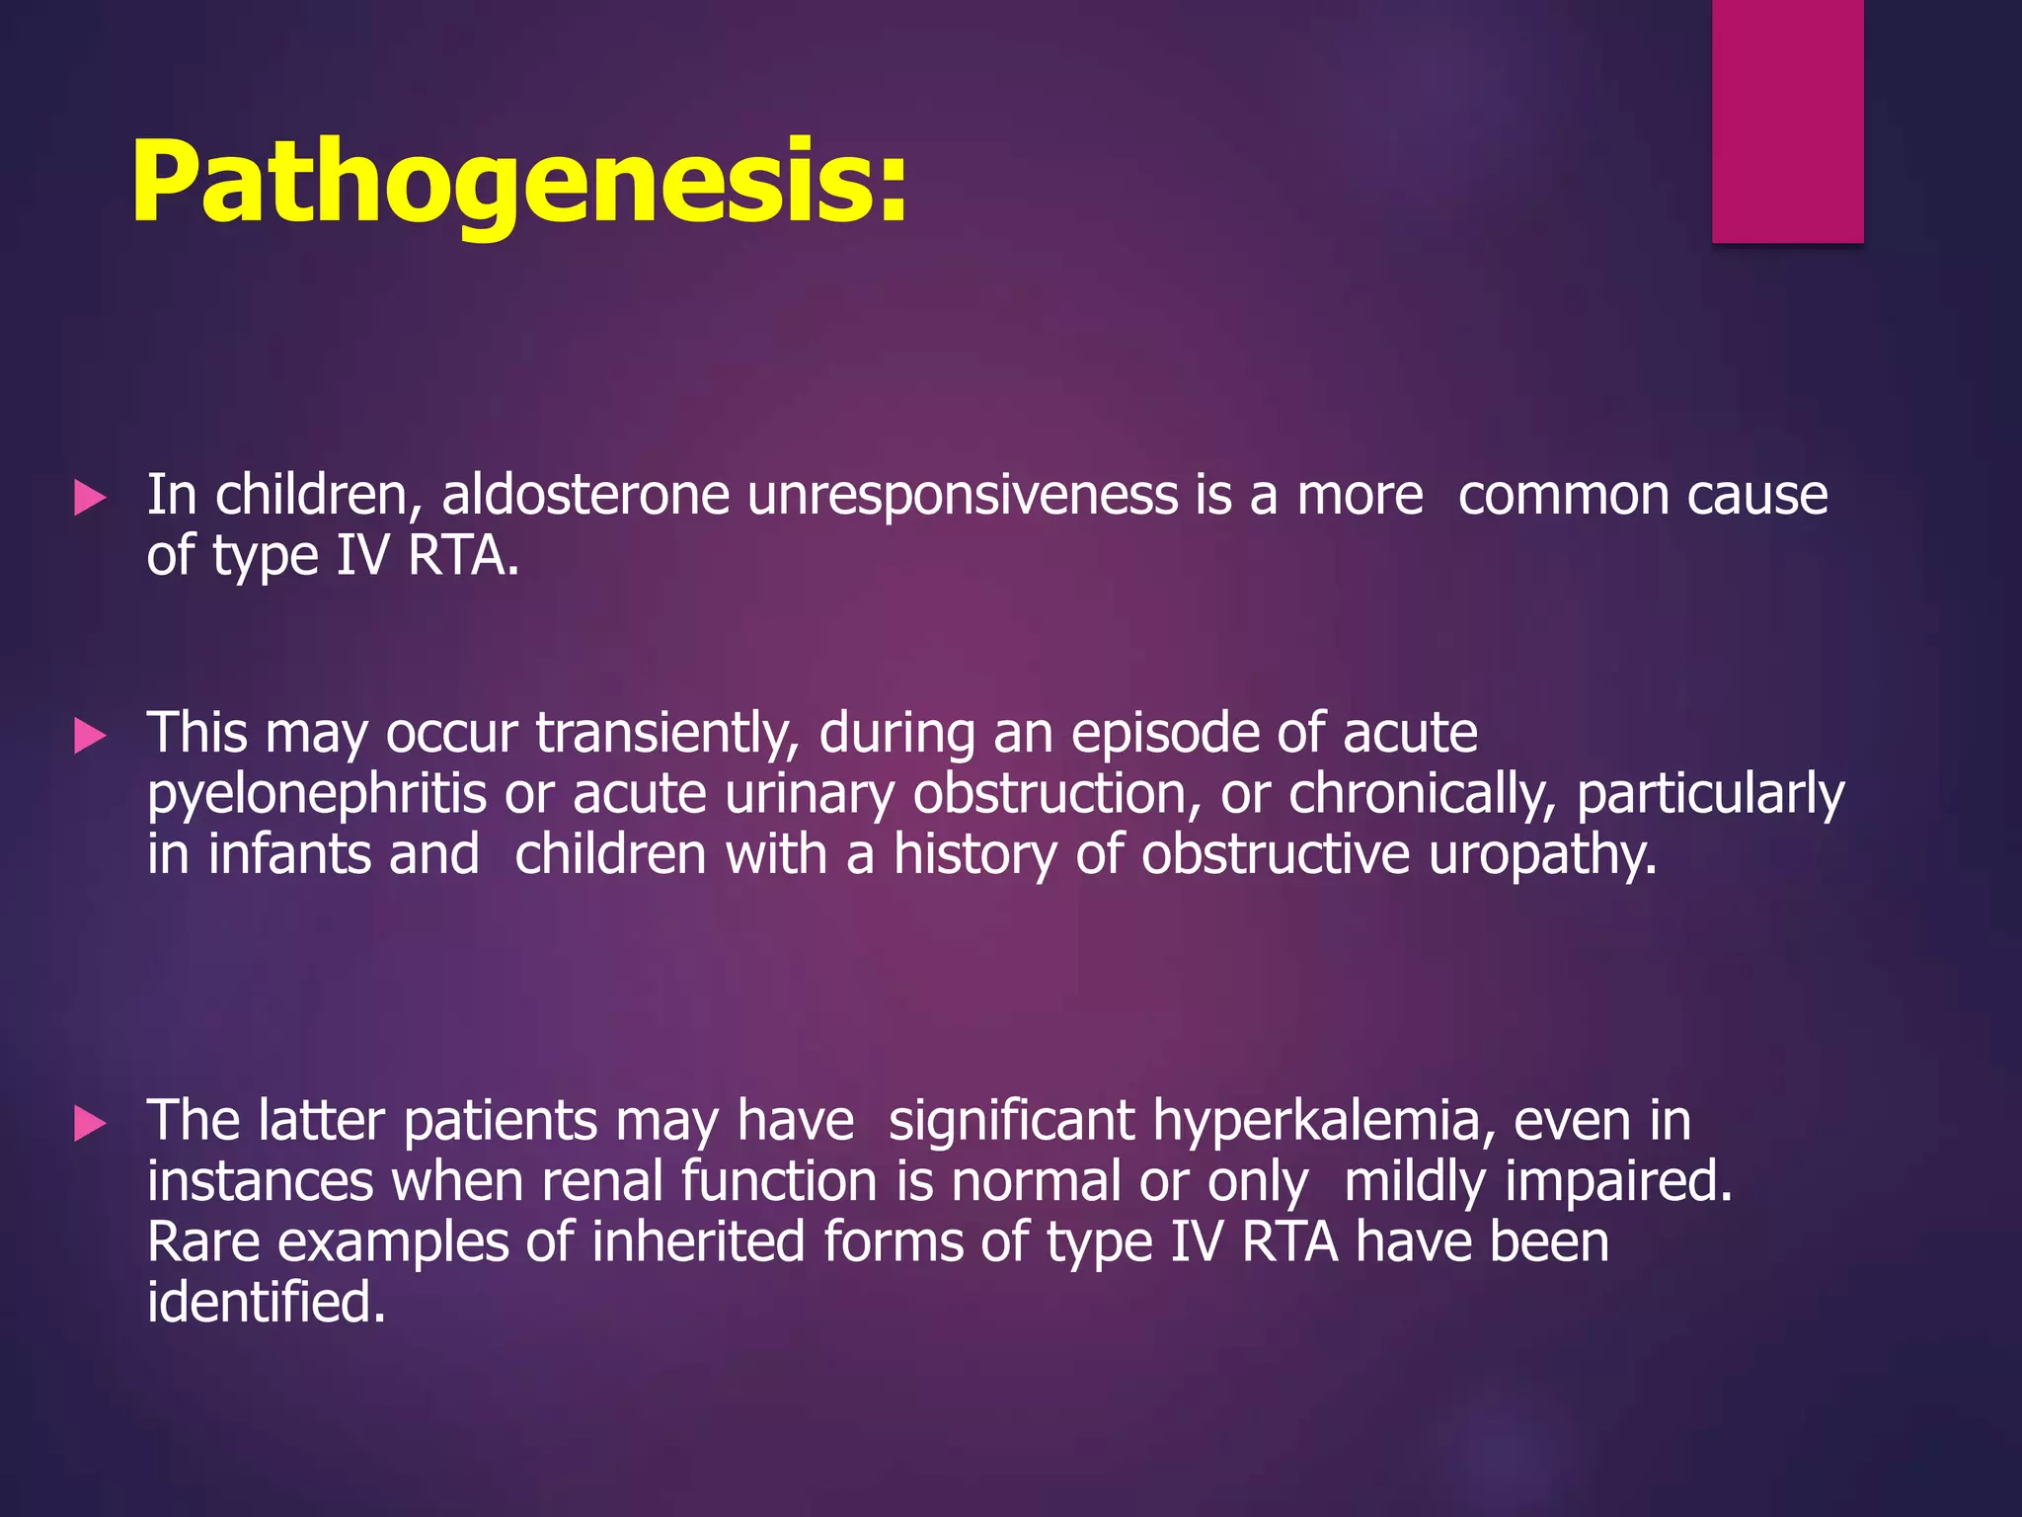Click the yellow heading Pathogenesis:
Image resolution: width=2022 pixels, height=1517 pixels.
[518, 184]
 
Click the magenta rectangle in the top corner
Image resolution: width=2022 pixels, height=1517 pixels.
[1787, 120]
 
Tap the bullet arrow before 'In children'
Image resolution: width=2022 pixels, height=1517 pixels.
[90, 498]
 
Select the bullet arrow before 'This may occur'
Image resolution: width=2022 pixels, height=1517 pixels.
[90, 736]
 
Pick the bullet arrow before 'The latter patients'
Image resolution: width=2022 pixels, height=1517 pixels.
[90, 1124]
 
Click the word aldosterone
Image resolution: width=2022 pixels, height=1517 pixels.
[584, 495]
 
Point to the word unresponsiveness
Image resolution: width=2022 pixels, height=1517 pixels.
[962, 495]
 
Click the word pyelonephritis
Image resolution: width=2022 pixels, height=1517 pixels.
[317, 796]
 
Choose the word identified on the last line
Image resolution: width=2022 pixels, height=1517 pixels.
[265, 1303]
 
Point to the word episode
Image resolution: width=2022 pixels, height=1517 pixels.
[1164, 735]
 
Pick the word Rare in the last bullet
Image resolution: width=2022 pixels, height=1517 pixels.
[203, 1242]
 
